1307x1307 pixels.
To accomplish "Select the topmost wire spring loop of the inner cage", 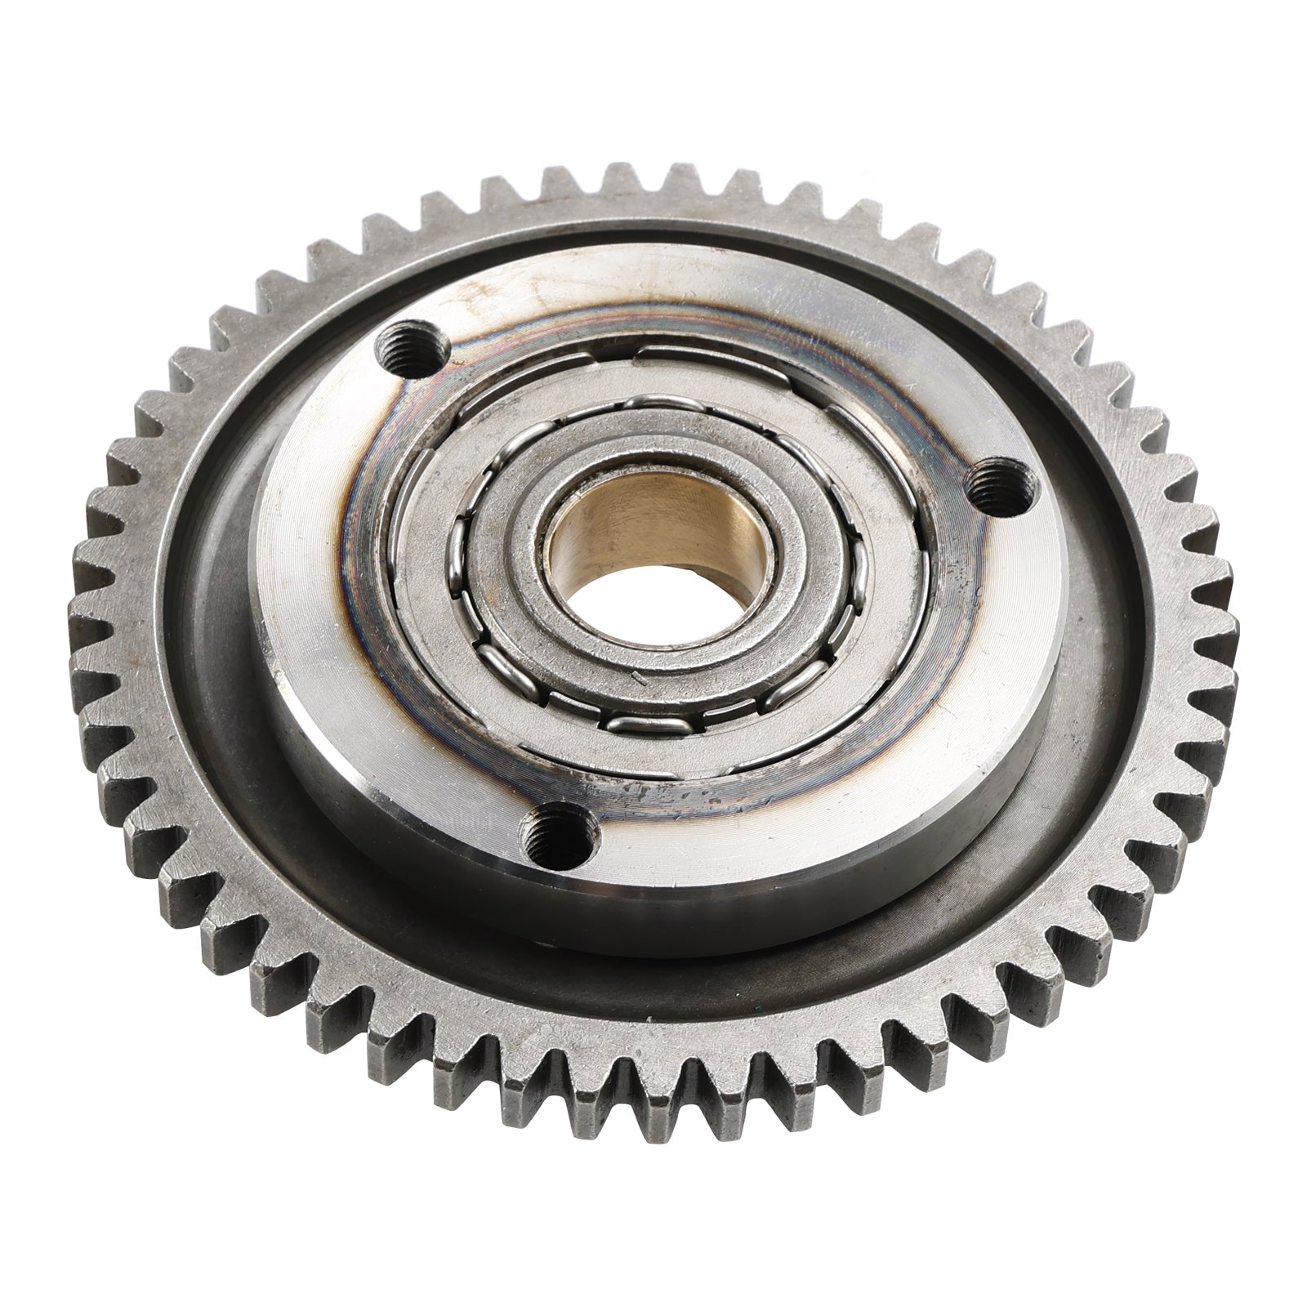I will pos(653,402).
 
